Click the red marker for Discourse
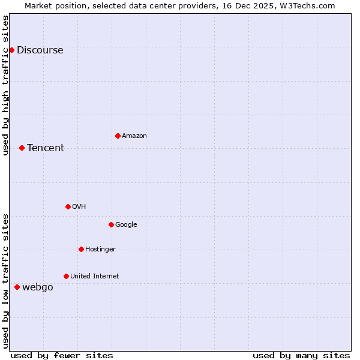(x=11, y=50)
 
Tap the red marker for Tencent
(x=22, y=148)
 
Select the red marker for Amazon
(x=118, y=136)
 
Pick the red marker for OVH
(x=68, y=206)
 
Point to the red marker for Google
(x=111, y=224)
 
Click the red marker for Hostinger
(x=81, y=249)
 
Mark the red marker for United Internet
(x=66, y=276)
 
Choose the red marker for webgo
(x=17, y=287)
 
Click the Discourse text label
(x=40, y=50)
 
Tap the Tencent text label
(x=46, y=148)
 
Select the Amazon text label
(x=134, y=136)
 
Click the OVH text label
(x=79, y=207)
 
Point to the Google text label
(x=126, y=225)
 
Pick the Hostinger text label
(x=100, y=250)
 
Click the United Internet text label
(x=95, y=277)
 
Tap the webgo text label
(x=38, y=287)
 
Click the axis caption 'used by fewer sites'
(x=62, y=355)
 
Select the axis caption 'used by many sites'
(x=301, y=355)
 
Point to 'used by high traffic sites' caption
(x=5, y=85)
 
